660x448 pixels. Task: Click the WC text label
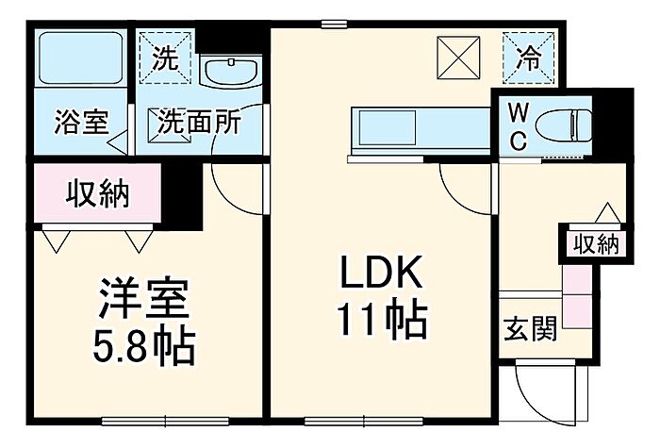pyautogui.click(x=520, y=125)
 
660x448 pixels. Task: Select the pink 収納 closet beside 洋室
pyautogui.click(x=98, y=194)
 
